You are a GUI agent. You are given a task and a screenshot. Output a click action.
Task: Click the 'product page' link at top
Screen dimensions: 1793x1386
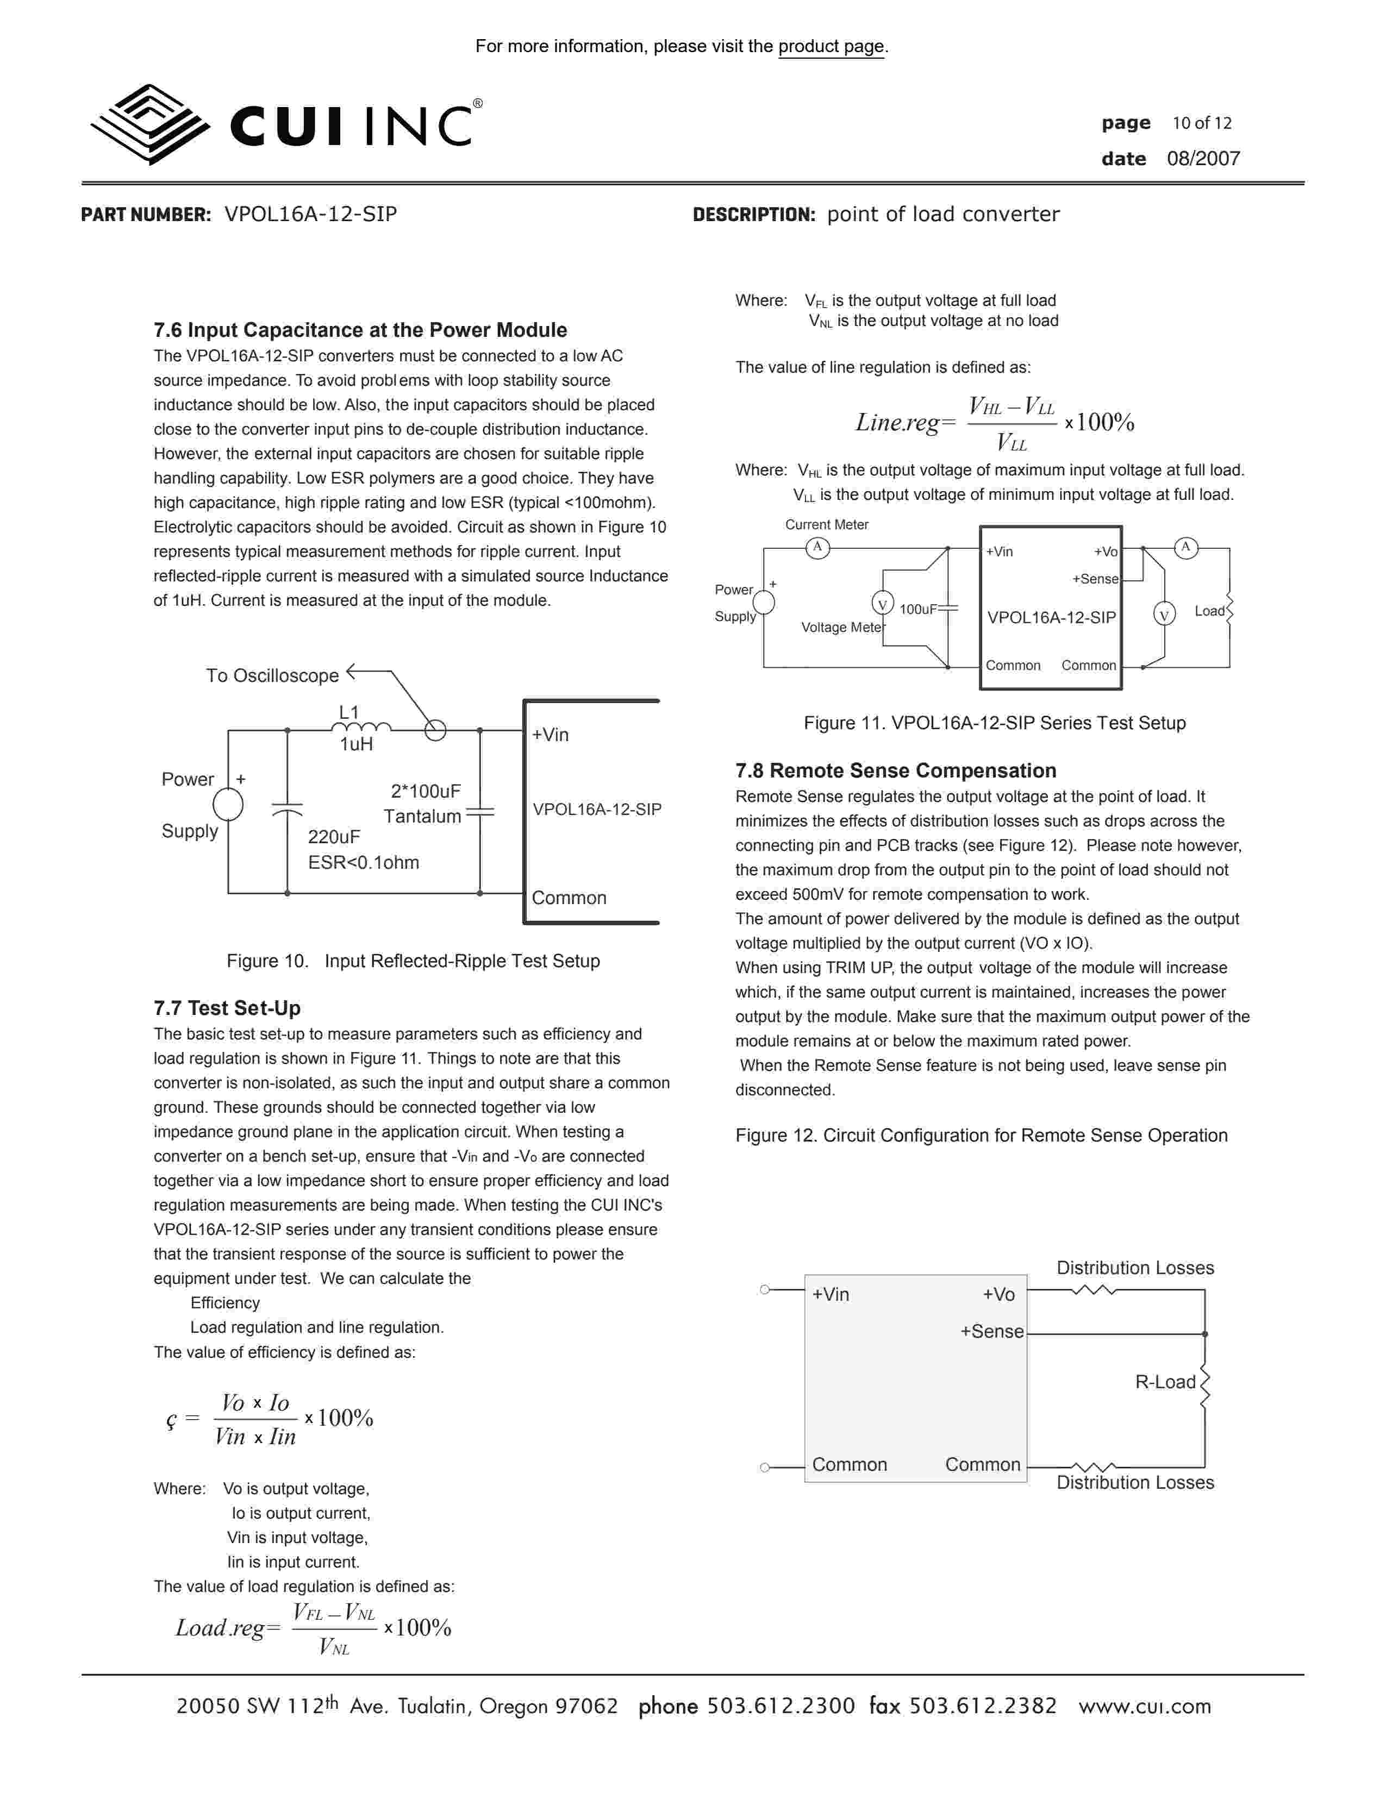click(x=831, y=47)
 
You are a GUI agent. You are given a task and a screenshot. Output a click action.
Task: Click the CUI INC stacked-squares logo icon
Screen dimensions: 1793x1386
click(x=149, y=124)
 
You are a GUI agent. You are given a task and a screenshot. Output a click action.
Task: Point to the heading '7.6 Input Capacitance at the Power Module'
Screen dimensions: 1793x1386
click(x=360, y=330)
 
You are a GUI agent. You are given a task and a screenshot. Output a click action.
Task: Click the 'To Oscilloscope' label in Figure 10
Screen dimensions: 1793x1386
click(x=272, y=676)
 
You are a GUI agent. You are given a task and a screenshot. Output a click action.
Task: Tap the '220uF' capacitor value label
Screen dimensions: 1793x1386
click(x=333, y=837)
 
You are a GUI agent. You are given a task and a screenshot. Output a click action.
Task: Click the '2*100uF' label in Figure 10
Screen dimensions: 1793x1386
click(x=426, y=792)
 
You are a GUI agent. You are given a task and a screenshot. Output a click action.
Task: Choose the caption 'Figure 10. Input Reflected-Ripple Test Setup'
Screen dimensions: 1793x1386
click(x=413, y=961)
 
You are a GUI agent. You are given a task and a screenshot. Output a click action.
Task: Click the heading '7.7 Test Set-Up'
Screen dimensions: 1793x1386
click(x=227, y=1008)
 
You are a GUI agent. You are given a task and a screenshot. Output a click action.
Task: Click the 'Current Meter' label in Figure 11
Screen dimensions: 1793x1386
click(x=826, y=525)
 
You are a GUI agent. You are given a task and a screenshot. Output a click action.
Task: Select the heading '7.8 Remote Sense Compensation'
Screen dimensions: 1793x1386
click(x=895, y=771)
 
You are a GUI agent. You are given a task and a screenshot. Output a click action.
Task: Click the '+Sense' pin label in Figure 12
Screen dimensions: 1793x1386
click(x=992, y=1332)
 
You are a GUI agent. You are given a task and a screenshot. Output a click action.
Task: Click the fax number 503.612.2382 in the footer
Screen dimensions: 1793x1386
click(x=982, y=1706)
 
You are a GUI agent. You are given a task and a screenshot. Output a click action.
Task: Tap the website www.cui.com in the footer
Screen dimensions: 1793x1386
click(x=1145, y=1706)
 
